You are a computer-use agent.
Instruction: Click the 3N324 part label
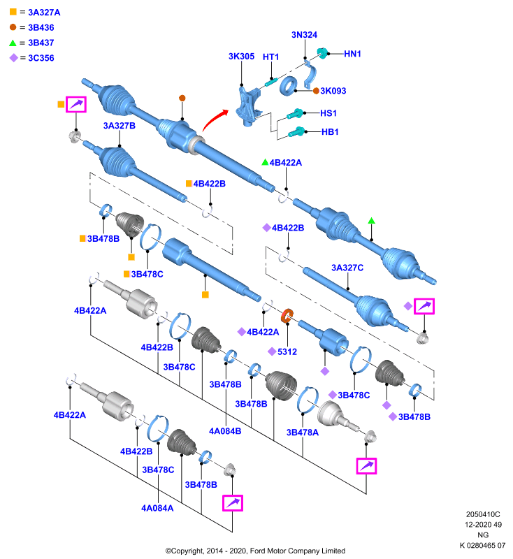pos(304,34)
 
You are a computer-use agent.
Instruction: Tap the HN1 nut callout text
pos(352,54)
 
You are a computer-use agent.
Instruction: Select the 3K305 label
pos(241,57)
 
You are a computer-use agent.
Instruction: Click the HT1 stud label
pos(270,57)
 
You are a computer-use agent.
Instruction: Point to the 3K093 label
pos(333,91)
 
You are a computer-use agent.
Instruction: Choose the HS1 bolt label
pos(328,113)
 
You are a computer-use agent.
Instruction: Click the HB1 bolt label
pos(330,132)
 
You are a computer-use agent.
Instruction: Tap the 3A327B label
pos(119,126)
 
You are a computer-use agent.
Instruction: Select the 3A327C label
pos(347,268)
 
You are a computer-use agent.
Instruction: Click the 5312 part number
pos(287,352)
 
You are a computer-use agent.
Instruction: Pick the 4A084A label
pos(157,508)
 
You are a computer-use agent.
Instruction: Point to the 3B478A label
pos(303,433)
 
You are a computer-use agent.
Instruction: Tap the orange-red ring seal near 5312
pos(287,316)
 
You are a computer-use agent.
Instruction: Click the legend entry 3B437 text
pos(41,43)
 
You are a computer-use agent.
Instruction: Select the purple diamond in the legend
pos(13,58)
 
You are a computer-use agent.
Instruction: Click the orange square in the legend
pos(13,12)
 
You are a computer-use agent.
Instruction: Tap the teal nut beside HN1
pos(322,53)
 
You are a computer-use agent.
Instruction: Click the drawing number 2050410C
pos(483,514)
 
